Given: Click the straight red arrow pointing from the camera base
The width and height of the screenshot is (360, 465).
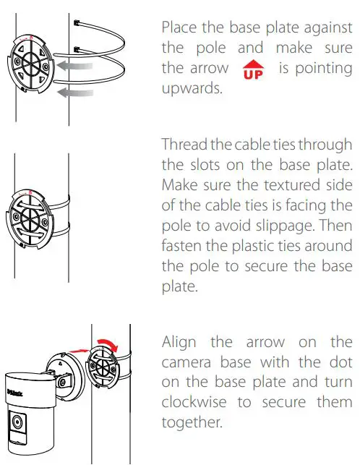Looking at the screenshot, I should pyautogui.click(x=77, y=351).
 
